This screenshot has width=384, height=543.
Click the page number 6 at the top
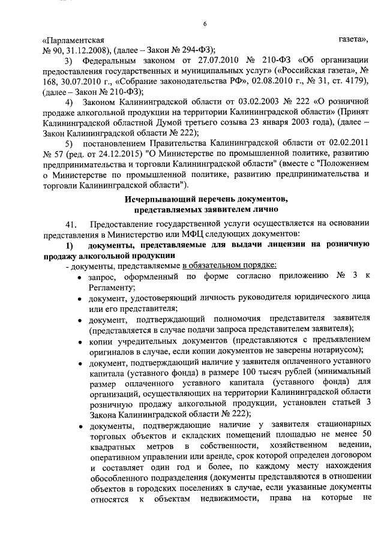[x=205, y=23]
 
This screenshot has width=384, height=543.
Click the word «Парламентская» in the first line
[x=68, y=39]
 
